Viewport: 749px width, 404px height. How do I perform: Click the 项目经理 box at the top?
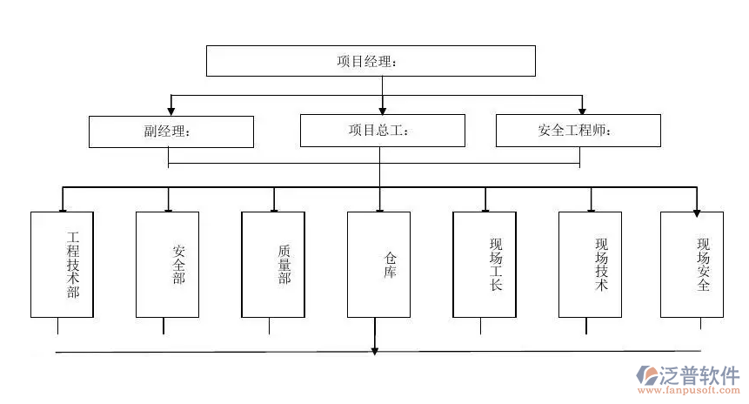click(x=370, y=61)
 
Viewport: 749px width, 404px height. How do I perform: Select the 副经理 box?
click(x=171, y=131)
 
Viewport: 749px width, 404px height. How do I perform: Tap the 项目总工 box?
click(x=382, y=131)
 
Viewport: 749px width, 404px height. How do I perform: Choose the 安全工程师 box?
click(x=578, y=131)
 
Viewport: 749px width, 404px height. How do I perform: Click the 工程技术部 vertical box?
click(x=62, y=264)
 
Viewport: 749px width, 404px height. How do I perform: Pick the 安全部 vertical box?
click(x=167, y=264)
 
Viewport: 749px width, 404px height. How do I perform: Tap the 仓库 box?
click(x=378, y=264)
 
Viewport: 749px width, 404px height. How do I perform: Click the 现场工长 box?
click(x=484, y=264)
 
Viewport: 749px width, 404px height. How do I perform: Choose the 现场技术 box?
click(x=590, y=264)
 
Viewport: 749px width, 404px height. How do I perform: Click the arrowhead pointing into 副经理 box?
click(x=171, y=111)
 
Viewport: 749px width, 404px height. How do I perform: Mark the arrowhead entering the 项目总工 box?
click(x=382, y=111)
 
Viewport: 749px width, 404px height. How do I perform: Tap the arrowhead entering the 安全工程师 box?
click(x=582, y=111)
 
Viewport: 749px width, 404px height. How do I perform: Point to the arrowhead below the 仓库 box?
click(x=375, y=350)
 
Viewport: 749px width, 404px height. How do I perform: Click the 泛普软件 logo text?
click(x=700, y=374)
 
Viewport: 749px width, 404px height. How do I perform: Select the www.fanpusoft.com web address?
click(x=691, y=392)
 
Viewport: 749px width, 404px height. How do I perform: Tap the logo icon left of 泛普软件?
click(x=648, y=375)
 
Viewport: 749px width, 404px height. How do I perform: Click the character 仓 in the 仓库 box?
click(x=390, y=258)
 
